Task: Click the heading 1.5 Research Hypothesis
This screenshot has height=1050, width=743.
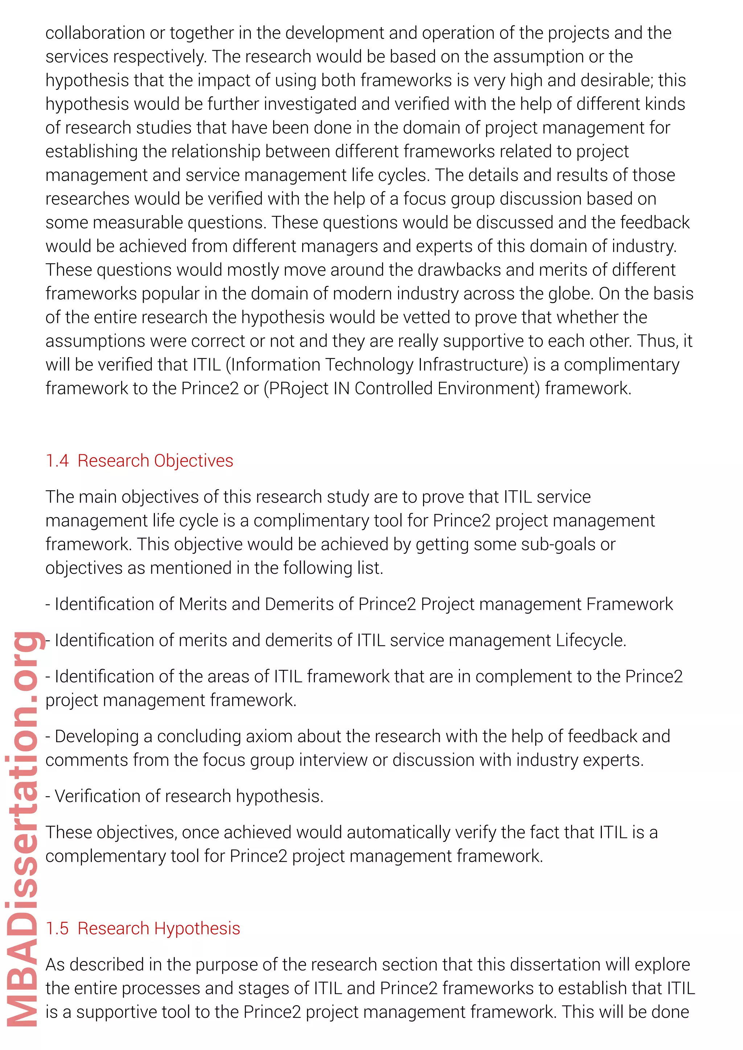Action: point(143,928)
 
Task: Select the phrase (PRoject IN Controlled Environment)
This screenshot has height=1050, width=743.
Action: point(402,388)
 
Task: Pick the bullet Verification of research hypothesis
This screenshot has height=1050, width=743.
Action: point(184,796)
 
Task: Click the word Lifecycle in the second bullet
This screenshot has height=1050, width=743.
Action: point(590,640)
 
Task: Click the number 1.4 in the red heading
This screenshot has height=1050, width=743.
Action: point(57,460)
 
